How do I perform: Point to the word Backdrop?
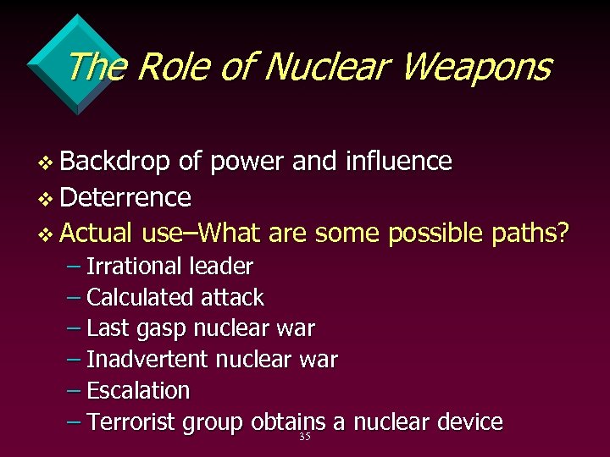point(114,162)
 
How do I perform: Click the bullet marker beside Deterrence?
point(48,199)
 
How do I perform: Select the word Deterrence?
point(125,198)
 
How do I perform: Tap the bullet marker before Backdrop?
point(48,162)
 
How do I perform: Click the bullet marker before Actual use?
point(48,233)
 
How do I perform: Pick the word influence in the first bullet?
point(399,162)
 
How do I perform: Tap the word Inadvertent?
point(147,360)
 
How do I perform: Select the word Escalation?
point(138,391)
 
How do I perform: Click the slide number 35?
point(305,438)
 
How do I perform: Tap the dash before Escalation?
point(74,391)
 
